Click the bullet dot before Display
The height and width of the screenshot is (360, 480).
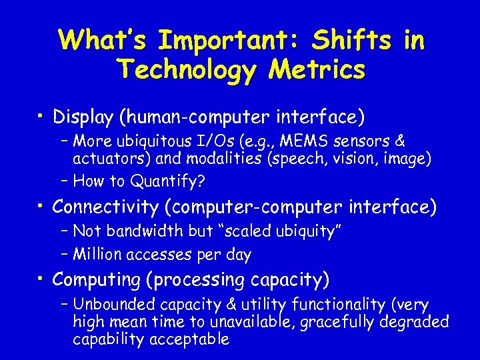(x=42, y=118)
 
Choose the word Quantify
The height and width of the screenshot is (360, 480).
(x=165, y=181)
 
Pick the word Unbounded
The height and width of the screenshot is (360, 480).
(x=111, y=305)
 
